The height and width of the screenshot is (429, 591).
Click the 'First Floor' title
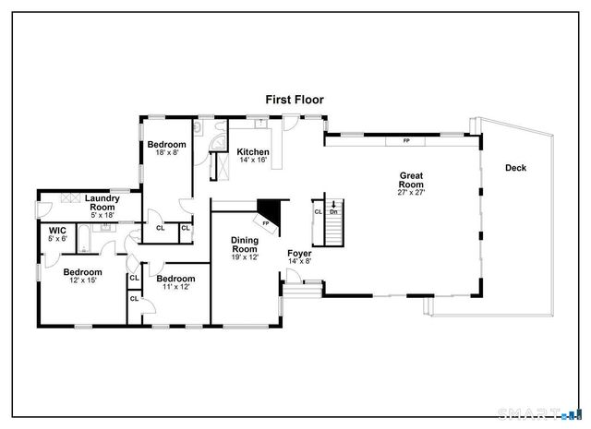295,99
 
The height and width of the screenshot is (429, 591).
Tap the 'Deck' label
516,167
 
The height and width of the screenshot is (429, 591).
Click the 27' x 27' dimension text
411,193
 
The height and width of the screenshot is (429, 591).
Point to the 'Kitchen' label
252,152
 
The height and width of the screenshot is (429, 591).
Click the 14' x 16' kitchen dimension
252,161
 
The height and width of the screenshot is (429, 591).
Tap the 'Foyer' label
299,253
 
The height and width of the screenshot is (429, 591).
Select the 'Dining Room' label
244,244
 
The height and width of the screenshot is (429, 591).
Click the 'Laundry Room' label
103,203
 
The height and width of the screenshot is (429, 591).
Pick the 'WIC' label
57,230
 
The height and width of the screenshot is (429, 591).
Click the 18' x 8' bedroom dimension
167,153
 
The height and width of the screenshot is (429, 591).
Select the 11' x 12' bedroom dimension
175,287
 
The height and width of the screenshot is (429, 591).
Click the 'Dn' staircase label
333,212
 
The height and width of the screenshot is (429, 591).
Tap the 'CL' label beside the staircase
318,212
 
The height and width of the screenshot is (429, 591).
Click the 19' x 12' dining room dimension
244,257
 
